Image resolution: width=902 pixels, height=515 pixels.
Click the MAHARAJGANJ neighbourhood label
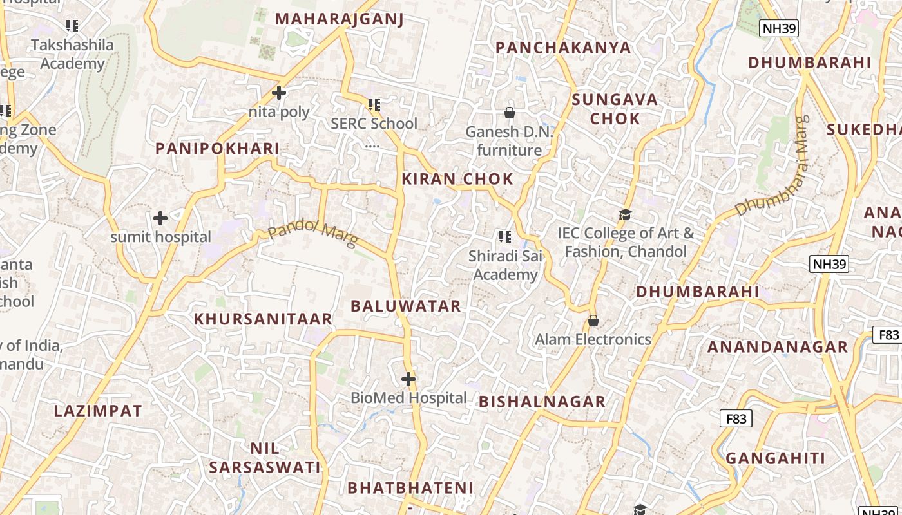click(339, 19)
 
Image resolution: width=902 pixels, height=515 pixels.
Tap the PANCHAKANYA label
click(563, 47)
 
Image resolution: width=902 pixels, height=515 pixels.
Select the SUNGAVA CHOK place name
click(615, 109)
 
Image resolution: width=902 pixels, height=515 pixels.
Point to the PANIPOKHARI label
click(218, 149)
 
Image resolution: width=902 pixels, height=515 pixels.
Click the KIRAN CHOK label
click(457, 179)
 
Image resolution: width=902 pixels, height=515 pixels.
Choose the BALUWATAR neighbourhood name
click(406, 306)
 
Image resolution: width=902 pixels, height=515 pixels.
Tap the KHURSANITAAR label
click(263, 319)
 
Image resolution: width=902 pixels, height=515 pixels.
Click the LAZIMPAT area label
click(98, 411)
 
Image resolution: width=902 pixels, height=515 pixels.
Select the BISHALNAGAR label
click(542, 402)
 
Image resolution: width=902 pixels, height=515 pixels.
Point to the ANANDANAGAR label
click(778, 347)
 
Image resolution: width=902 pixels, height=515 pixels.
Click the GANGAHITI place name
click(776, 458)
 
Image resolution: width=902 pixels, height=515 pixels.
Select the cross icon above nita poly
click(279, 93)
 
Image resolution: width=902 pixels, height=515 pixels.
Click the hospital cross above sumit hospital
click(160, 218)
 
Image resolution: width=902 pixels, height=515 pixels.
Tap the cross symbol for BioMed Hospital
click(408, 379)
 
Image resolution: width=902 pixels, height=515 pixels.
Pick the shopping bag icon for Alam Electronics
click(593, 321)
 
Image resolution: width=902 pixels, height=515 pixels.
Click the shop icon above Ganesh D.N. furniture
click(510, 113)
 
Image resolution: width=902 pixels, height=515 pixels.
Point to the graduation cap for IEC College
click(625, 214)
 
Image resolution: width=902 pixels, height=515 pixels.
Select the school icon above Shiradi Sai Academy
click(505, 237)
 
